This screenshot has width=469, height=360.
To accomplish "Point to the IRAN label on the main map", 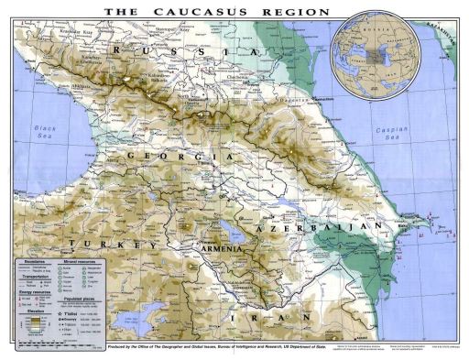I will tap(252, 317).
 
